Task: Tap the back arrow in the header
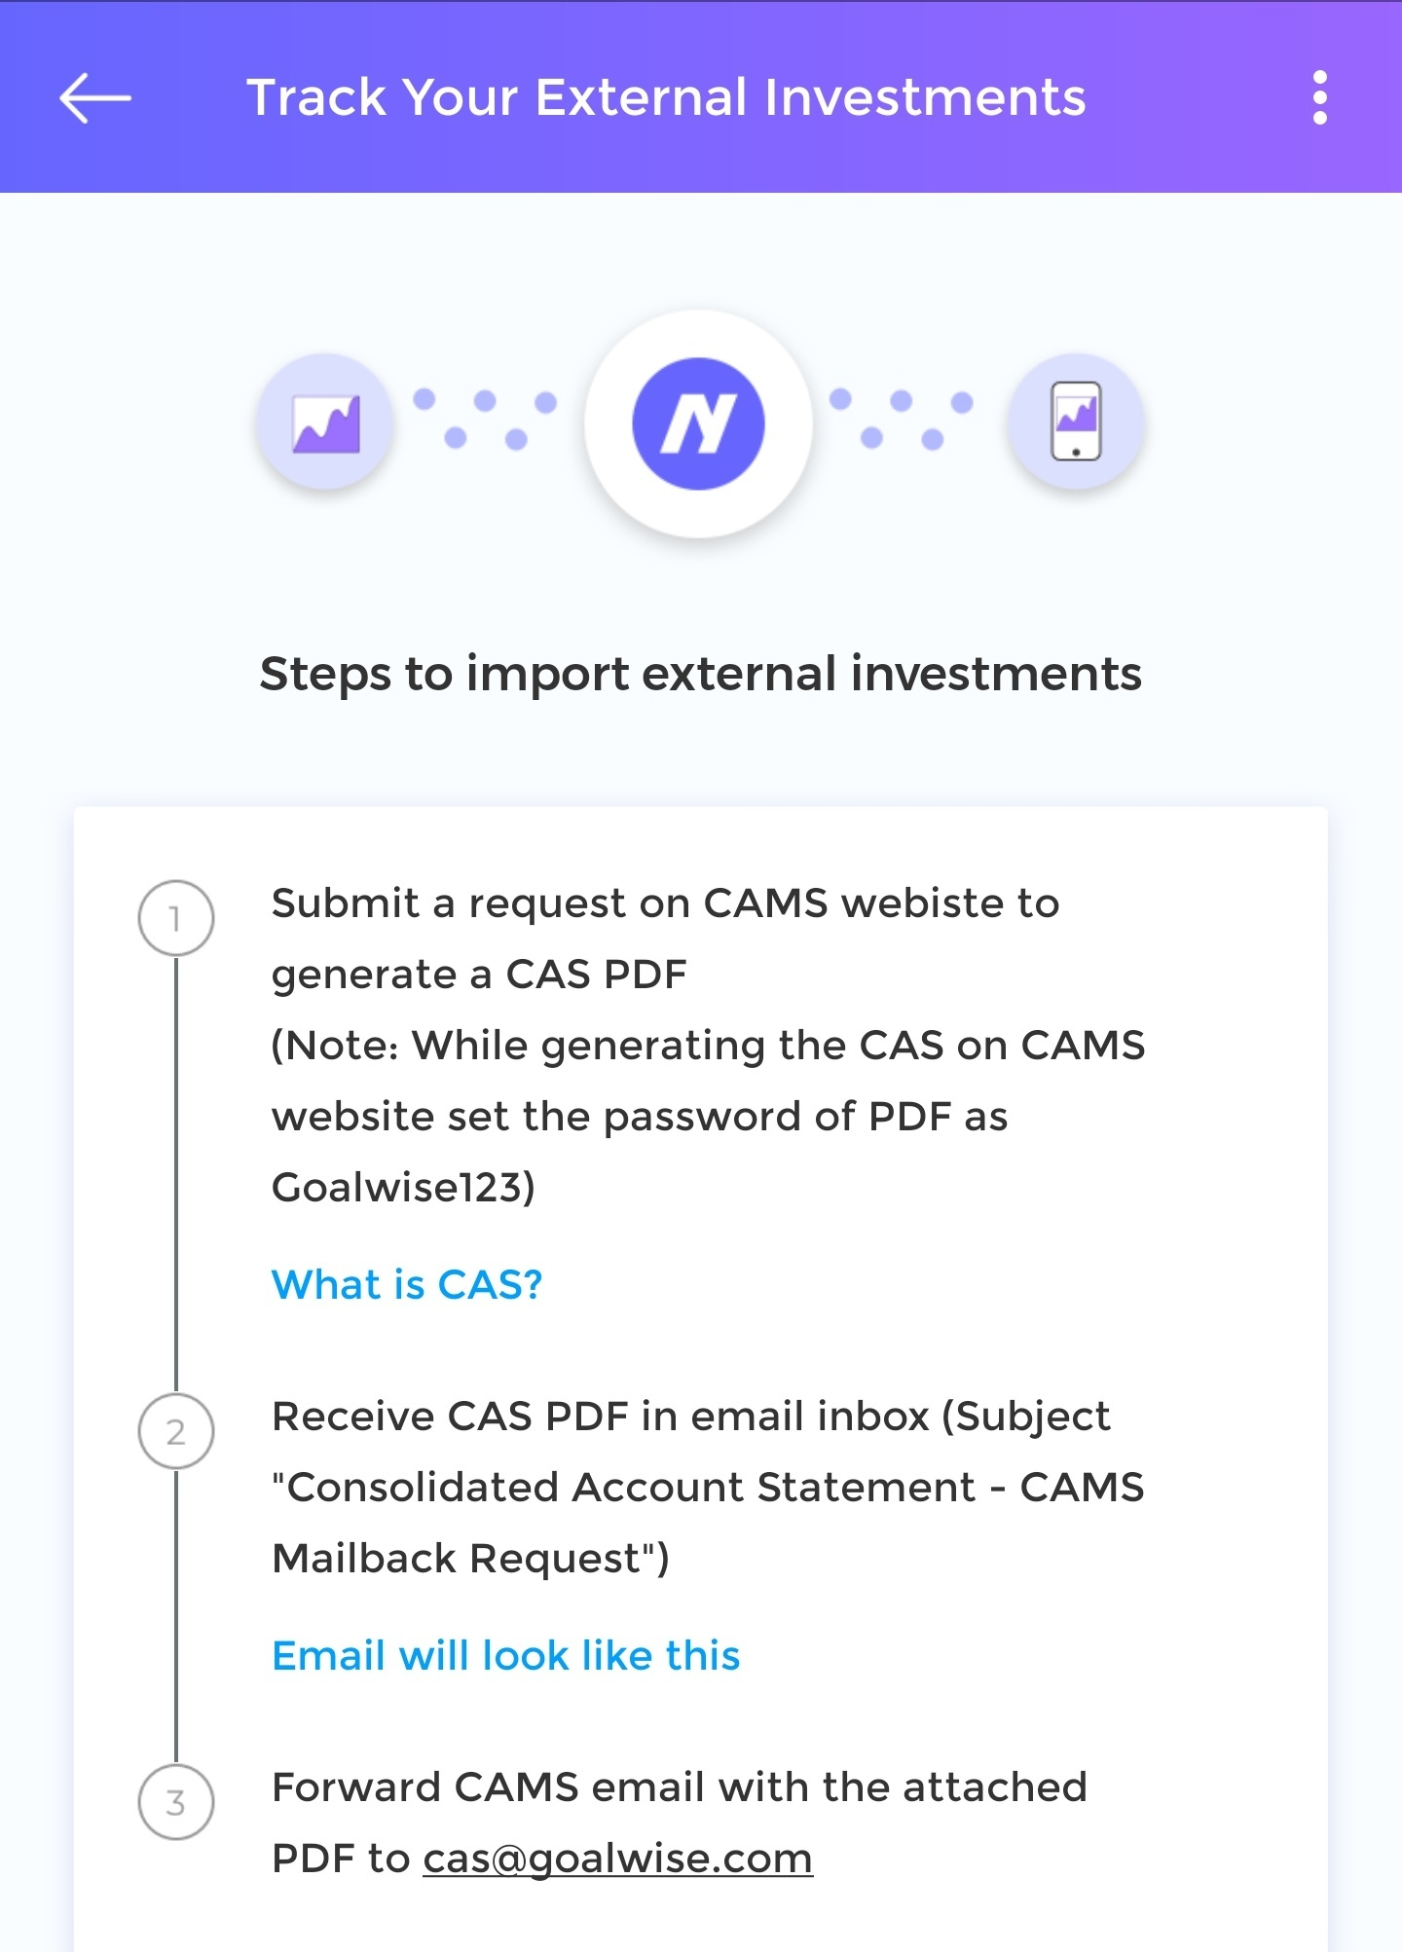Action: tap(95, 97)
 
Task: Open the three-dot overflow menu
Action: tap(1319, 97)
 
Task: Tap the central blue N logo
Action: tap(698, 424)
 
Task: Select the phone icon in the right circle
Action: tap(1076, 421)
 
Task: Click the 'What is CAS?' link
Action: tap(406, 1284)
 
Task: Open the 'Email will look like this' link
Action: tap(505, 1655)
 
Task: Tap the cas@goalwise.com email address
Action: tap(617, 1859)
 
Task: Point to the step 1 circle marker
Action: tap(175, 918)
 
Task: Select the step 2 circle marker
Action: tap(175, 1431)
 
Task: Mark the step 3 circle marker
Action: tap(175, 1802)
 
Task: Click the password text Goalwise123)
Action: tap(403, 1187)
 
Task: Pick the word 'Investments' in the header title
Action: tap(925, 97)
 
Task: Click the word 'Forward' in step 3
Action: tap(356, 1786)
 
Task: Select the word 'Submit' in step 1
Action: tap(346, 902)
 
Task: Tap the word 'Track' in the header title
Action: tap(316, 97)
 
